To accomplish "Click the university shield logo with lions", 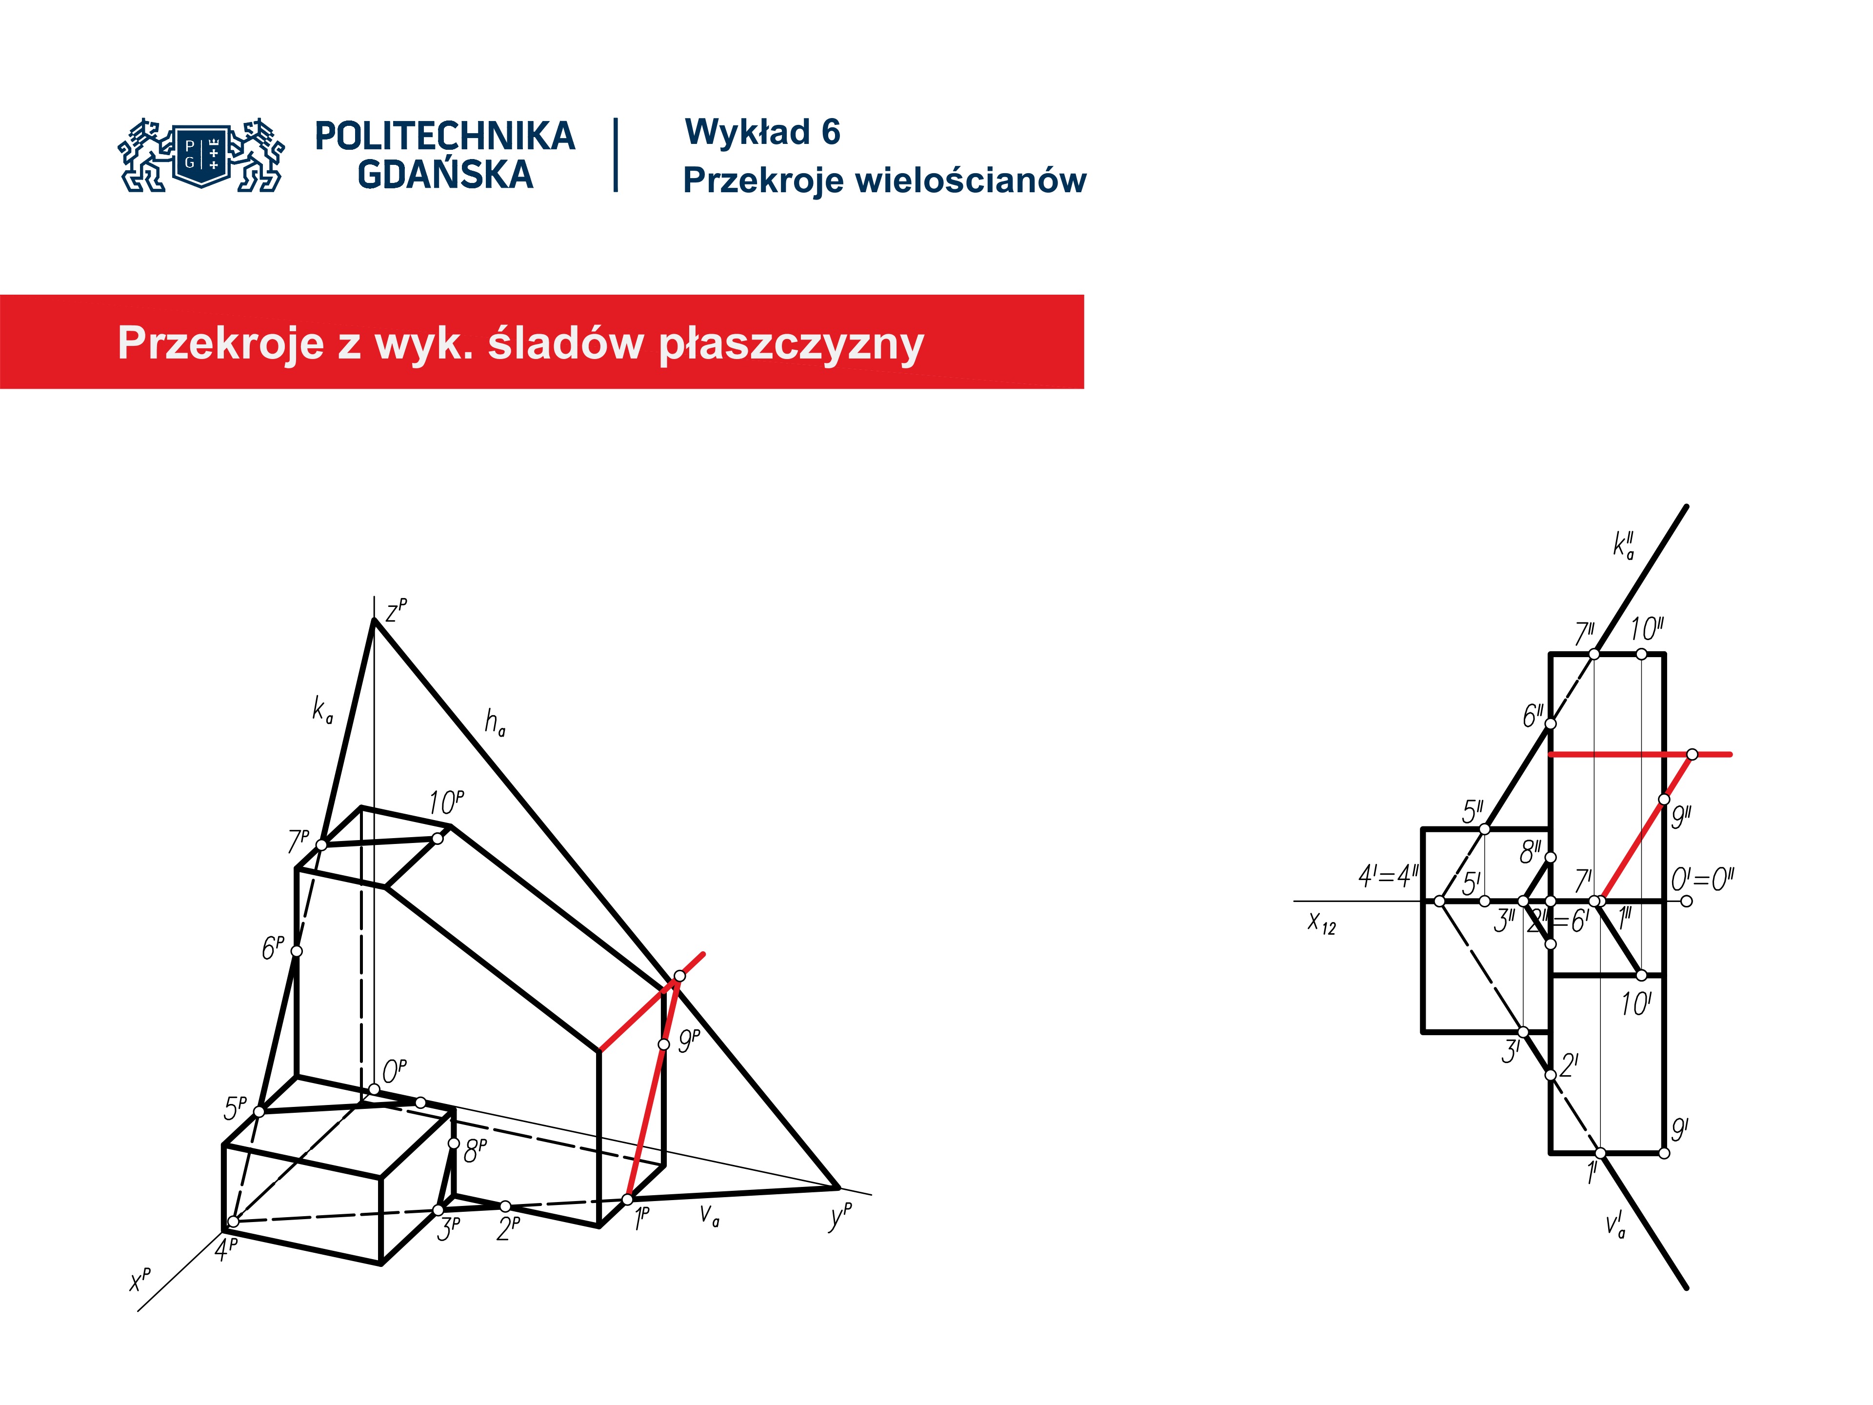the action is point(201,155).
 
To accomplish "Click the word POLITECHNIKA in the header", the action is point(444,136).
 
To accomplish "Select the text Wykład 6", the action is point(762,132).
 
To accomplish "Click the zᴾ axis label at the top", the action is point(396,610).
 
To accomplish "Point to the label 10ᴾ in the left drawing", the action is point(445,801).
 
